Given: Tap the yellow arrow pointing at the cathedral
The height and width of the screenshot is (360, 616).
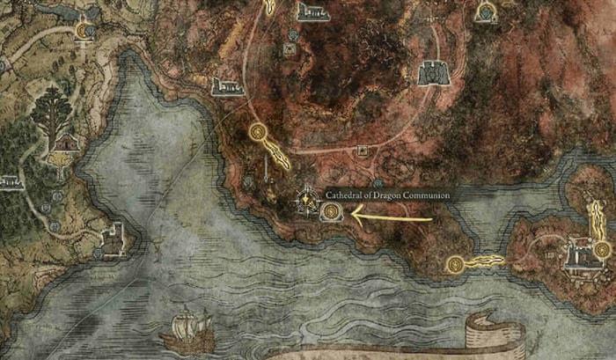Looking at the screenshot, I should click(392, 217).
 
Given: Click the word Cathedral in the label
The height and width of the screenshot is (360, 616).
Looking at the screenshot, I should click(343, 195).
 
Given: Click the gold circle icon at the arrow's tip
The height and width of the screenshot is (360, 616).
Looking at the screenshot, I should click(332, 211).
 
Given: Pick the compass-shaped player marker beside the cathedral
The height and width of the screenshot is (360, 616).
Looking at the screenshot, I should click(306, 200).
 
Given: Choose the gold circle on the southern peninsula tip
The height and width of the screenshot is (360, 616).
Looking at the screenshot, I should click(454, 262).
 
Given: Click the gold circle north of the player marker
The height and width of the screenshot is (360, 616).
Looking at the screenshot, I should click(258, 133).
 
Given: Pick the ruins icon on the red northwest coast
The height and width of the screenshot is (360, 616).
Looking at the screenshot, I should click(227, 86).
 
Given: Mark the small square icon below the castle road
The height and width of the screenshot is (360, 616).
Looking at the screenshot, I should click(362, 151).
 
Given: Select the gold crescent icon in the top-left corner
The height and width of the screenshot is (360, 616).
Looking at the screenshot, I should click(84, 31).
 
